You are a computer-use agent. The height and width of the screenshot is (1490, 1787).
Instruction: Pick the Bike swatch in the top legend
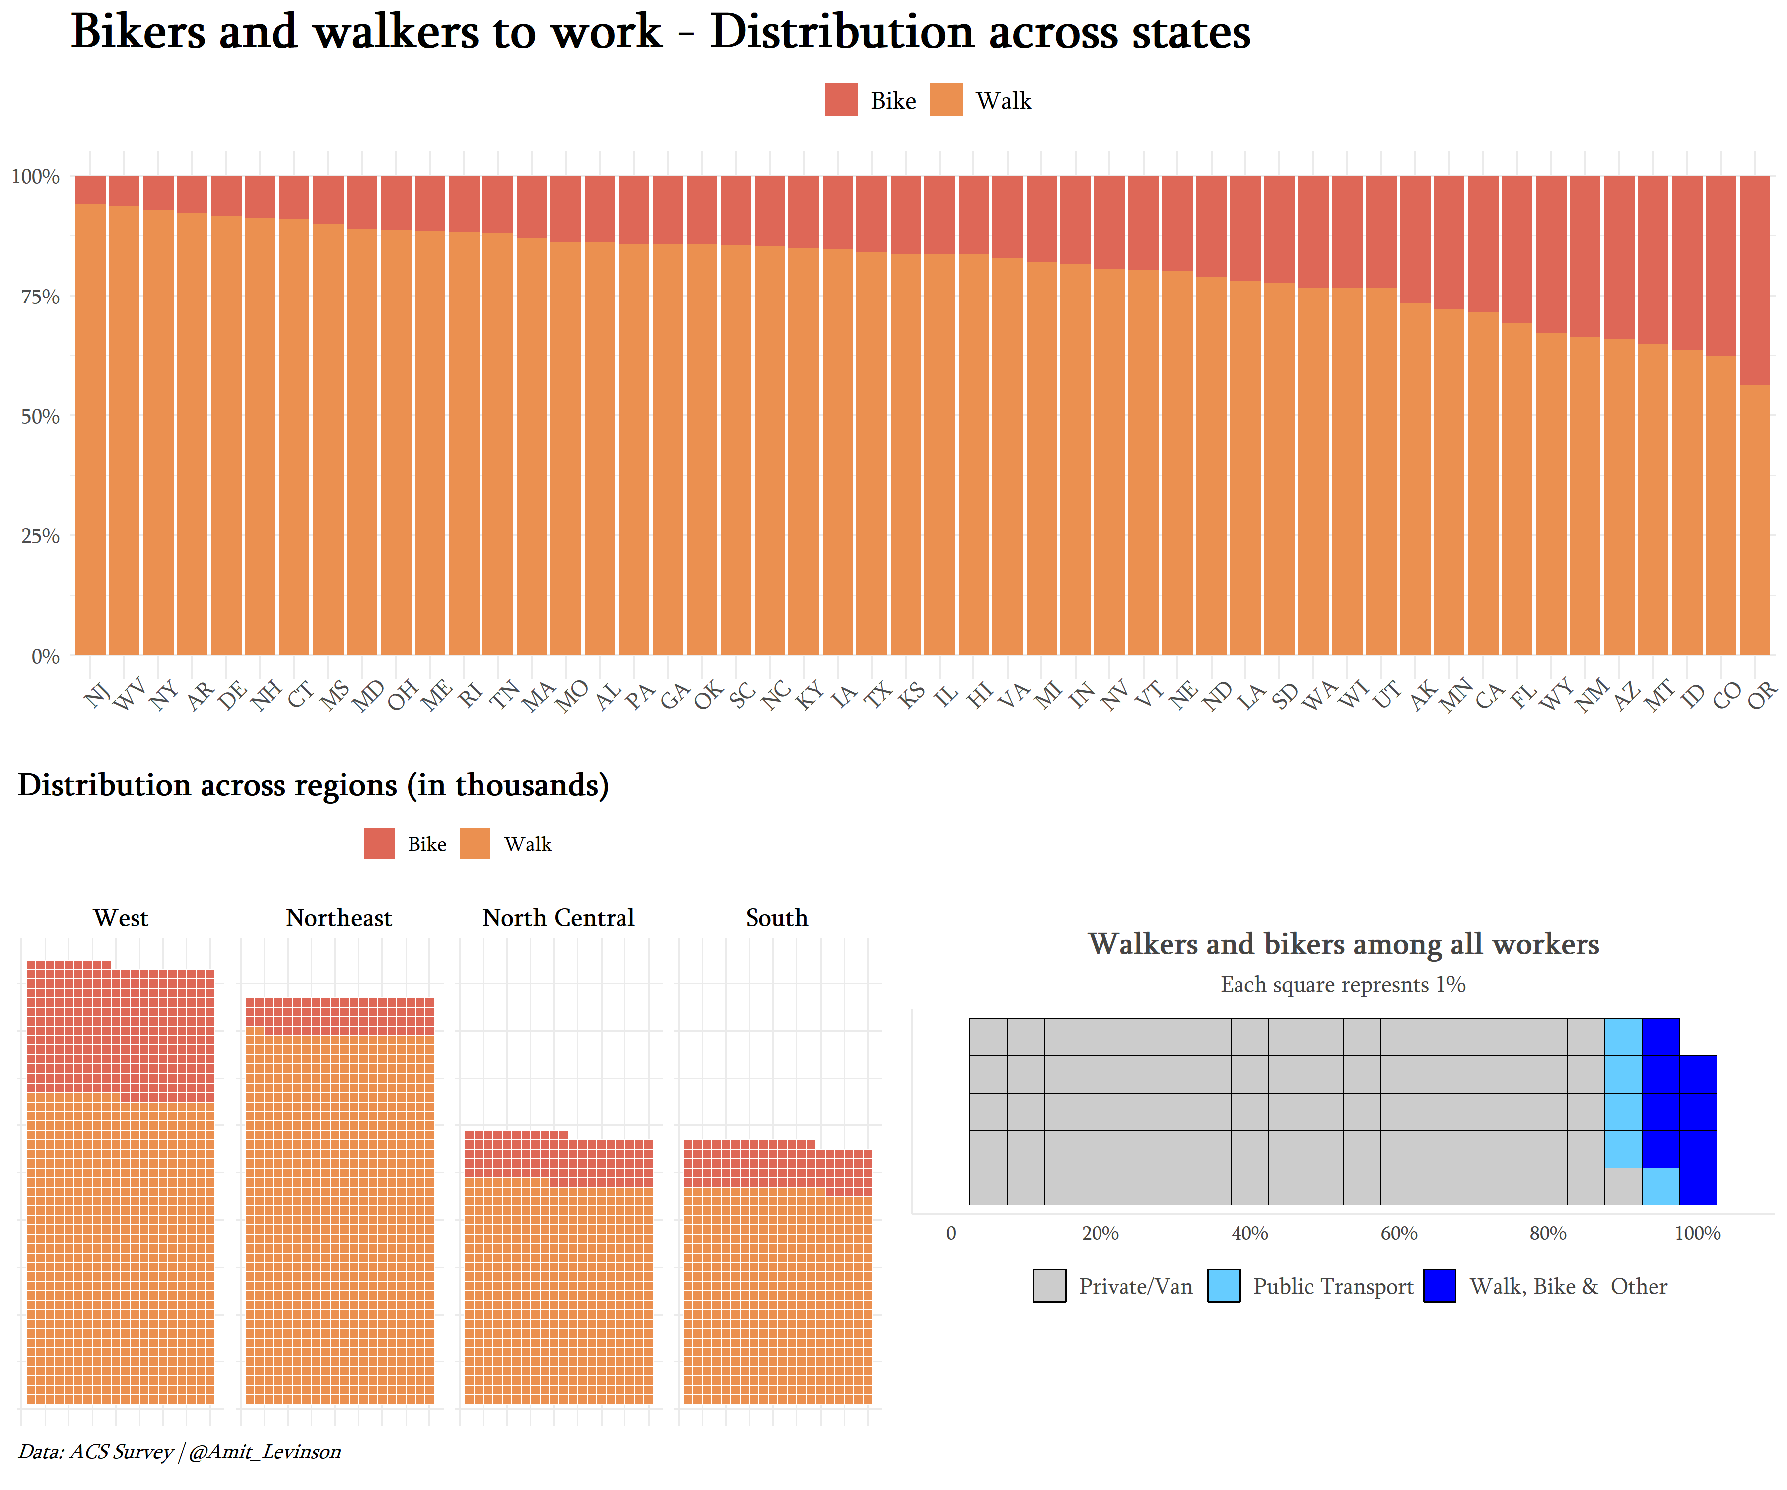tap(841, 100)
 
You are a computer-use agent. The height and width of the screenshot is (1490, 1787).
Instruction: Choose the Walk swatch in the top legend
tap(946, 100)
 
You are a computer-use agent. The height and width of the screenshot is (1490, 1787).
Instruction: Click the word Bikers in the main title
tap(138, 32)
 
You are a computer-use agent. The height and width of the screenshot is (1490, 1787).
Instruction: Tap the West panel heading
tap(121, 918)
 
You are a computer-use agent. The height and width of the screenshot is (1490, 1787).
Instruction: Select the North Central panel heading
tap(558, 918)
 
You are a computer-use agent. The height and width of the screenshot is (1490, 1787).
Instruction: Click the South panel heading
tap(776, 918)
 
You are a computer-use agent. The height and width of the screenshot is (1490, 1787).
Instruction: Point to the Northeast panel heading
tap(339, 918)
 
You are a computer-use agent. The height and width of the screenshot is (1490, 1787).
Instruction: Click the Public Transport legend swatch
tap(1223, 1286)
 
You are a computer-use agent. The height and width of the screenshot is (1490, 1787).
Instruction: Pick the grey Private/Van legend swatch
tap(1049, 1286)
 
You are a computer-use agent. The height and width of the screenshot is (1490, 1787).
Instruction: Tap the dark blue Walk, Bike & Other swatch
tap(1439, 1286)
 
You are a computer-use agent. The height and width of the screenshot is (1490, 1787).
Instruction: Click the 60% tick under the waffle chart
tap(1398, 1233)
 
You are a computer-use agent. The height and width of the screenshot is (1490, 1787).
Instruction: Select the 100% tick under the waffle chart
tap(1697, 1233)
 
